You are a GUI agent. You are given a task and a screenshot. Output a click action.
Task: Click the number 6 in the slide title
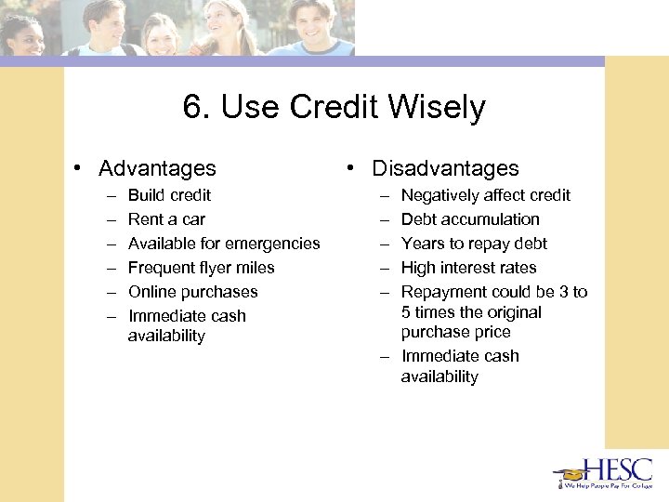pos(192,108)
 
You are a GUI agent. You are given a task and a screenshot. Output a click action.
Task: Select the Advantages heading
pos(157,168)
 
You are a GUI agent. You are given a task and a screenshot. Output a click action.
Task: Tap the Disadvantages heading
pos(445,168)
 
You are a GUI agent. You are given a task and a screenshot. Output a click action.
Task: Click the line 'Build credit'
pos(169,195)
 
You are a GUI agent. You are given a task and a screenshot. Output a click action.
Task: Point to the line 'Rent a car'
pos(166,219)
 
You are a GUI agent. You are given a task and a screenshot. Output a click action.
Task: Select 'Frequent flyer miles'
pos(201,268)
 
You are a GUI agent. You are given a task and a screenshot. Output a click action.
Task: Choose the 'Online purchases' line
pos(192,292)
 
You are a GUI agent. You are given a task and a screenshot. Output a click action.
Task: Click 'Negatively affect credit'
pos(485,195)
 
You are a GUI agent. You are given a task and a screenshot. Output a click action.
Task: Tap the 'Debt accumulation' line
pos(470,219)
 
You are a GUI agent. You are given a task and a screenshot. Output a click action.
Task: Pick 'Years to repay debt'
pos(474,244)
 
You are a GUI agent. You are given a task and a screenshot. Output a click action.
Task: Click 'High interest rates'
pos(468,268)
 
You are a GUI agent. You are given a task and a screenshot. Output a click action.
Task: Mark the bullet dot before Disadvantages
pos(352,169)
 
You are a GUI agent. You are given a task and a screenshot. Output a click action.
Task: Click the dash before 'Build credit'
pos(111,195)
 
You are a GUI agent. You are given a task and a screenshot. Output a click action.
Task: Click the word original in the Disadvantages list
pos(516,312)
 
